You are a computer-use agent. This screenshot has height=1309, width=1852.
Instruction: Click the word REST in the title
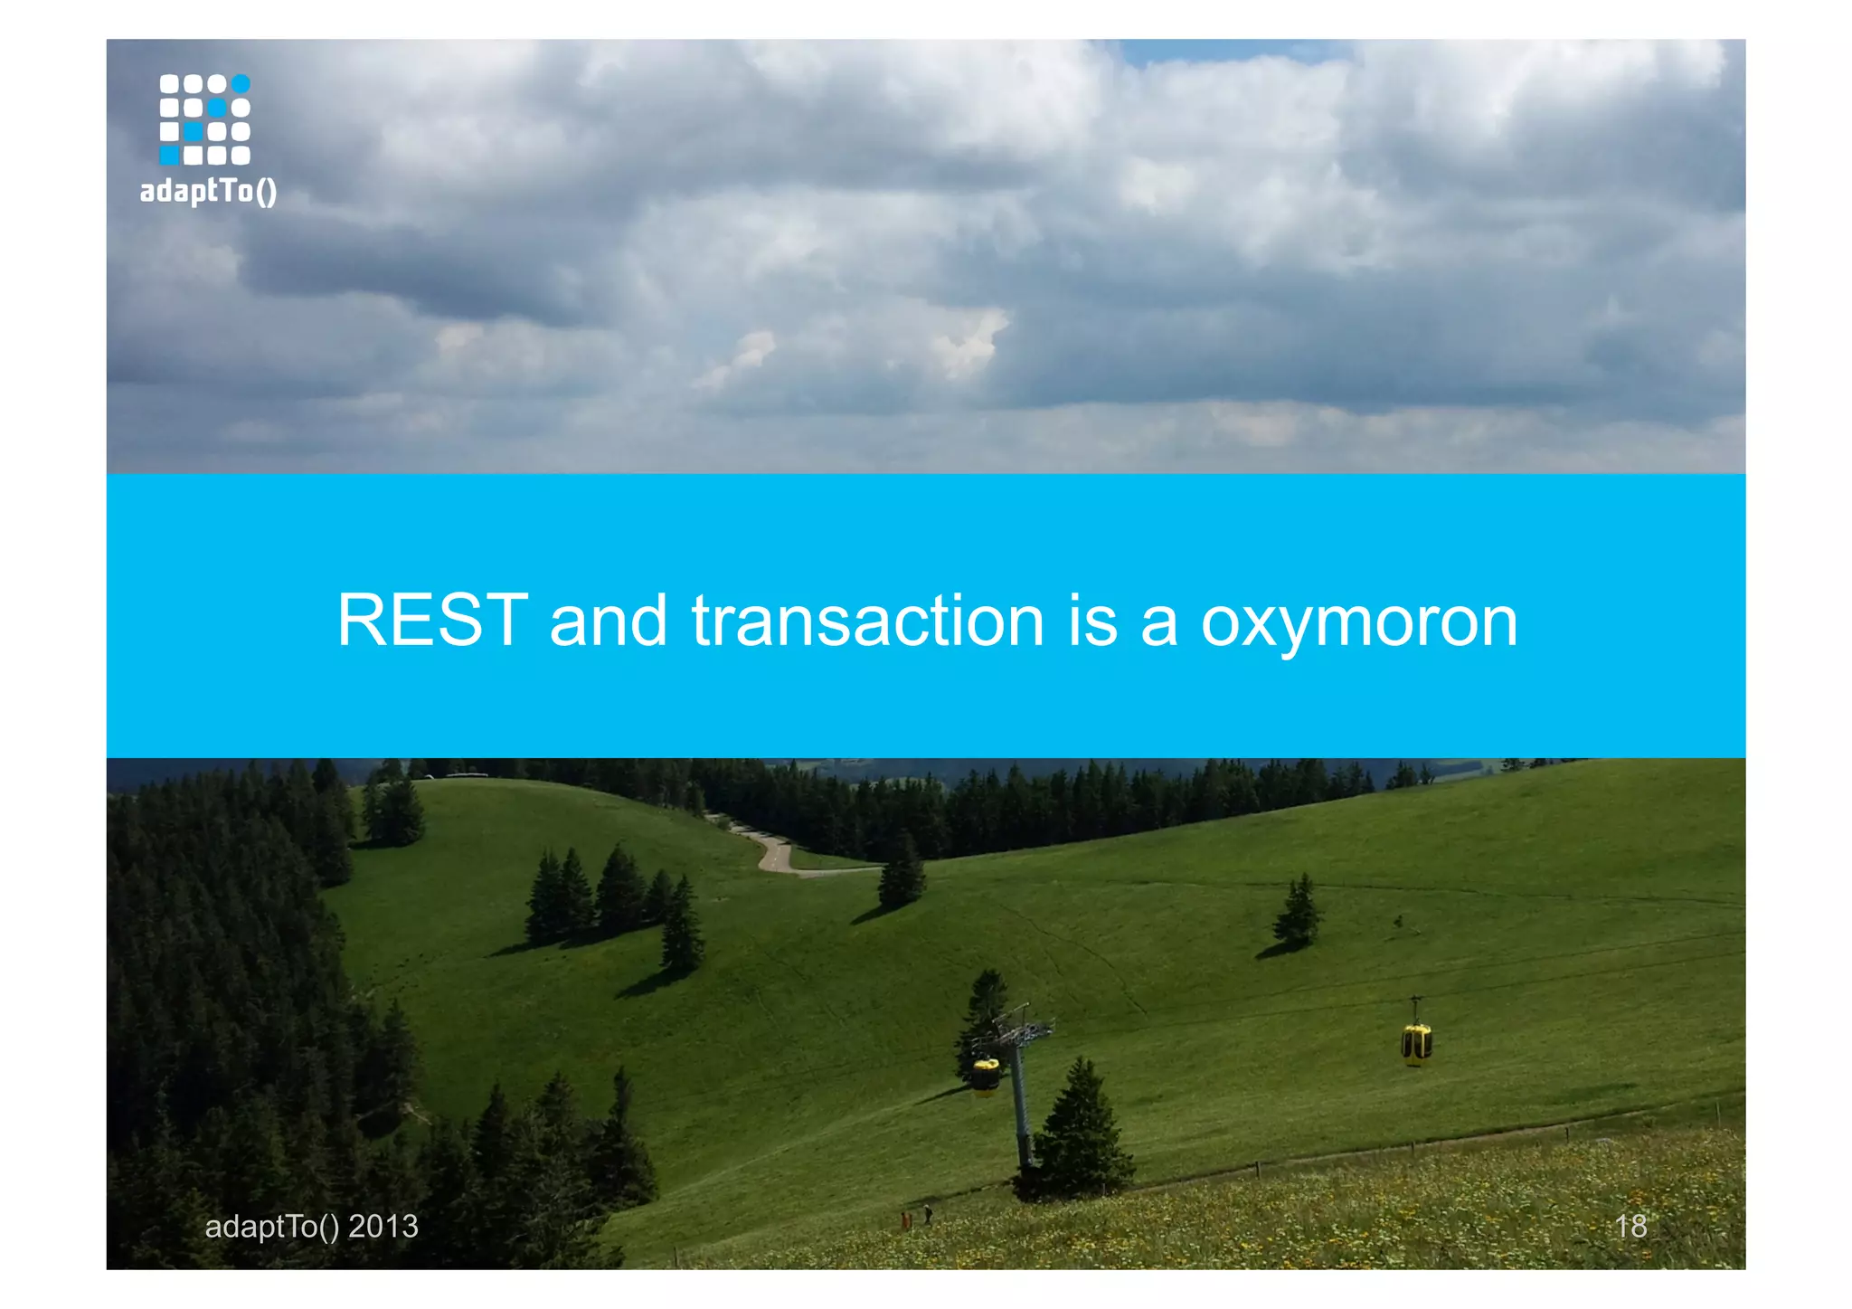click(x=431, y=621)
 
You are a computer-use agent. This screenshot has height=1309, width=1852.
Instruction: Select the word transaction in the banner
click(x=867, y=621)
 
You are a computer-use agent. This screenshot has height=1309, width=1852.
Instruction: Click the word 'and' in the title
click(x=608, y=621)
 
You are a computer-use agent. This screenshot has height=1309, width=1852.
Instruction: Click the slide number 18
click(x=1630, y=1226)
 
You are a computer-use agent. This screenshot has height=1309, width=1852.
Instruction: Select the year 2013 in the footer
click(x=383, y=1226)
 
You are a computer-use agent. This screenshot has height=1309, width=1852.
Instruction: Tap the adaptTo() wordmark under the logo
click(x=208, y=191)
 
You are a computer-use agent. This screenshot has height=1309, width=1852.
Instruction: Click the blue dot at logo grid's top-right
click(x=241, y=84)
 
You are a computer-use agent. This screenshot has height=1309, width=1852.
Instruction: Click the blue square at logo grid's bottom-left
click(x=169, y=156)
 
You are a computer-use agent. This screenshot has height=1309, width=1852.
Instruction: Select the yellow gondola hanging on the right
click(x=1415, y=1041)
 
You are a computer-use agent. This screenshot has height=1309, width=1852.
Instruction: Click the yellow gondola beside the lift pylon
click(x=985, y=1074)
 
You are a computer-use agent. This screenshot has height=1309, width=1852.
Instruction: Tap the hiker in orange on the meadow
click(x=905, y=1220)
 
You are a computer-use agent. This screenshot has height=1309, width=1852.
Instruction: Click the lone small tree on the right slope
click(x=1298, y=914)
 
